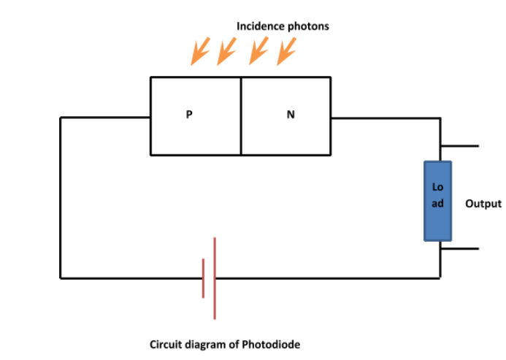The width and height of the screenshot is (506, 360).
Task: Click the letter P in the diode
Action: (x=189, y=115)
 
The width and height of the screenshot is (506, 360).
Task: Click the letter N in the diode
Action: (x=290, y=115)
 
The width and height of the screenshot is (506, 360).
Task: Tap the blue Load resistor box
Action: (x=438, y=201)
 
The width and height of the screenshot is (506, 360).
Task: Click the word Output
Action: (x=483, y=204)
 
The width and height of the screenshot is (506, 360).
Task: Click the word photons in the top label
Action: (x=308, y=26)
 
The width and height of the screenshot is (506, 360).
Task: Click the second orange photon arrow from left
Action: (x=227, y=51)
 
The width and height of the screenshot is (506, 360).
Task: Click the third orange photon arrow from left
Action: (x=258, y=51)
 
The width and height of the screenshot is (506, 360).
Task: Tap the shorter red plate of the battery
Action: (x=204, y=278)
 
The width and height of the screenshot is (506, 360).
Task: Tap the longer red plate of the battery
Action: (x=215, y=278)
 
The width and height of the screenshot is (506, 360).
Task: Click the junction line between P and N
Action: (x=241, y=115)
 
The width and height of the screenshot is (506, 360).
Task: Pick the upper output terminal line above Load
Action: (x=460, y=146)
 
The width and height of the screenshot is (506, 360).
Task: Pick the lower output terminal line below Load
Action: (x=460, y=249)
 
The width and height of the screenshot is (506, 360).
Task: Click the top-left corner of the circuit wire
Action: (x=61, y=117)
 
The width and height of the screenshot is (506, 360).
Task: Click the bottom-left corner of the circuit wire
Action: (x=61, y=278)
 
